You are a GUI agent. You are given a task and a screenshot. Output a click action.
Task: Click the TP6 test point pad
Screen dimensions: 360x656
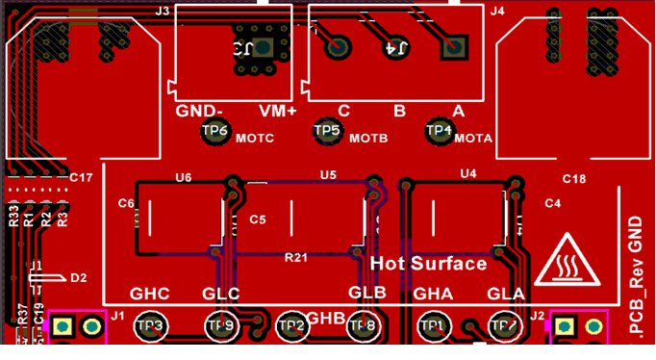click(215, 131)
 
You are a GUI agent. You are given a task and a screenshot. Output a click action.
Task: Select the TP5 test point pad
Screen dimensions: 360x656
click(328, 130)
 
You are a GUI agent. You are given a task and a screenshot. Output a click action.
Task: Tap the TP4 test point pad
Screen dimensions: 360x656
click(440, 130)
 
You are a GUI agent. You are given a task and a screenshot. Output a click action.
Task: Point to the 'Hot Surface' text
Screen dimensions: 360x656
click(428, 263)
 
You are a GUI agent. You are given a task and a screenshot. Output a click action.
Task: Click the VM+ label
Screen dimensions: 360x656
click(278, 112)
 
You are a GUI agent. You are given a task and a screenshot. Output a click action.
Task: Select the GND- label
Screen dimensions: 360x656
click(200, 112)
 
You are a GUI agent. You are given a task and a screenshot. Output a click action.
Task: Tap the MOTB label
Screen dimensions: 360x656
click(368, 139)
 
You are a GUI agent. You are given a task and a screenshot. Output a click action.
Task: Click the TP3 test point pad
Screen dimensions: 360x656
click(151, 327)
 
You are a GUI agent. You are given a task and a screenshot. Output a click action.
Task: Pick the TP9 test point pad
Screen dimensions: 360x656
click(220, 327)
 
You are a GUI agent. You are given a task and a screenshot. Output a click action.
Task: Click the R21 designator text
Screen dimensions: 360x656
click(296, 258)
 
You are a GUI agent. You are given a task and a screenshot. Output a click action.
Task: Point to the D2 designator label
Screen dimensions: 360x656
click(79, 277)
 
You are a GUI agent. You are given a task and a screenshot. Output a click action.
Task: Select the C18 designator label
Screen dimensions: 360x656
click(574, 180)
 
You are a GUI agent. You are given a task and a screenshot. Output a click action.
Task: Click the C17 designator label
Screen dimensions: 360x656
click(81, 178)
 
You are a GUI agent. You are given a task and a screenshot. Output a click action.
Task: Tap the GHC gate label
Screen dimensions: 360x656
click(149, 294)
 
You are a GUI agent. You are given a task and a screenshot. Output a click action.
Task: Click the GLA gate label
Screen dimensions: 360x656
click(506, 294)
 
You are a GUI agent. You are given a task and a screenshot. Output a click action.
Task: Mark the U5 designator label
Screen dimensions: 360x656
click(328, 174)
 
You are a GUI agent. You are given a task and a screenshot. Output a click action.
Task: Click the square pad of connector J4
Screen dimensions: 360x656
click(454, 46)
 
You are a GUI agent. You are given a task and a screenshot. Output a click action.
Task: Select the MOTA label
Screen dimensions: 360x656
click(473, 139)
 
